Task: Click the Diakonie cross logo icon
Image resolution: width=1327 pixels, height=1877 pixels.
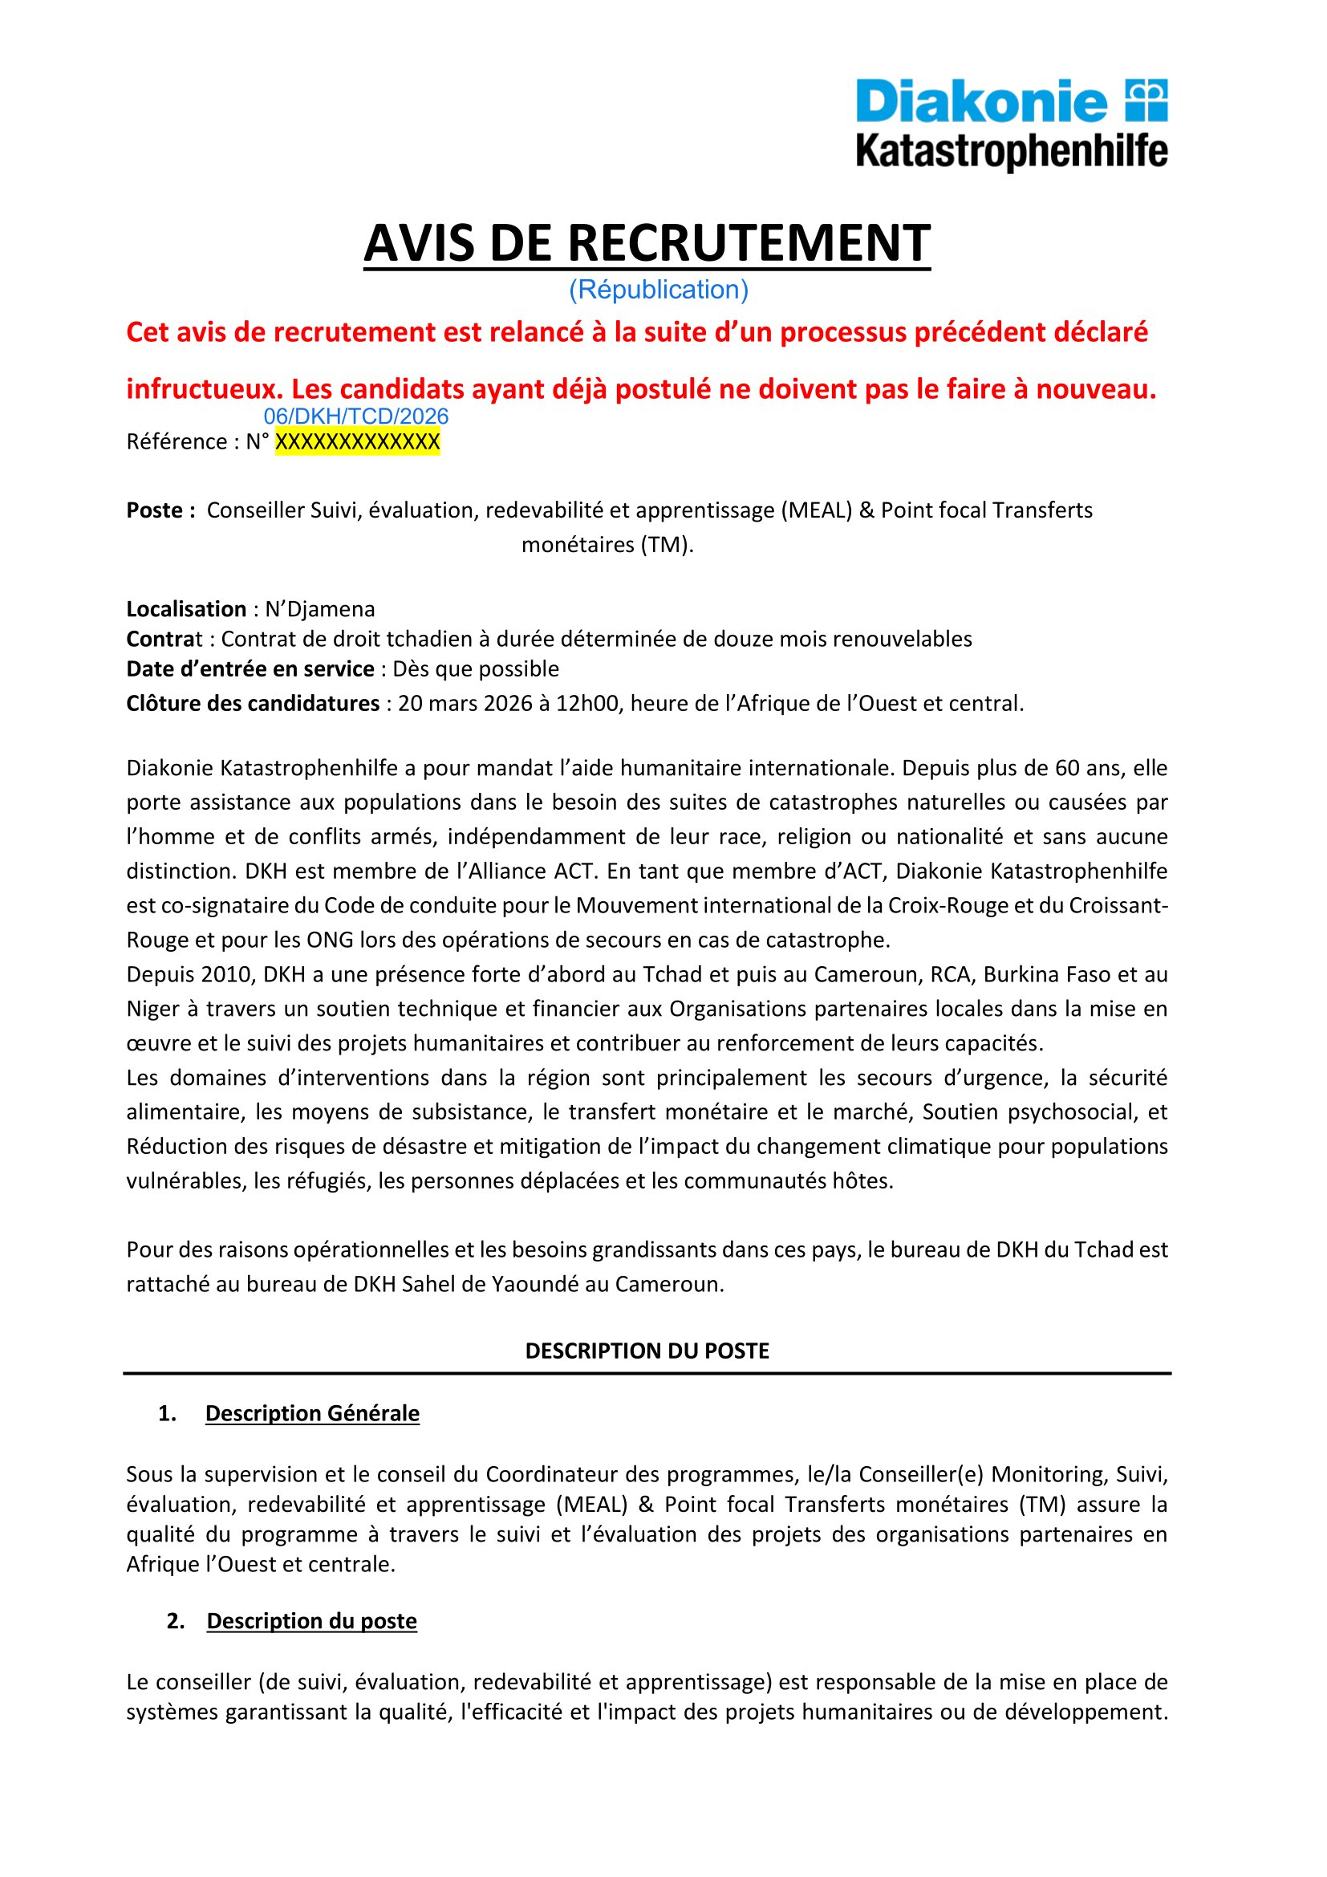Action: click(1146, 100)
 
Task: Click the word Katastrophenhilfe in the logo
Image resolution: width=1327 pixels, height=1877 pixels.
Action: click(1011, 152)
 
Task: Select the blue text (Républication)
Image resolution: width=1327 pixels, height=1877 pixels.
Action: click(659, 290)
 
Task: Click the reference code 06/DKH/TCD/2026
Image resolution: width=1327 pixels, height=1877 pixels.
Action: click(356, 416)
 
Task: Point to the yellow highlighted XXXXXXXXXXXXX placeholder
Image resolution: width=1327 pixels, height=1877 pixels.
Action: click(357, 442)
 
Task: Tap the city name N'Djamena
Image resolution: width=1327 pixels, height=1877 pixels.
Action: click(319, 609)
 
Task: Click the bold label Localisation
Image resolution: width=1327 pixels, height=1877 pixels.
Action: click(186, 609)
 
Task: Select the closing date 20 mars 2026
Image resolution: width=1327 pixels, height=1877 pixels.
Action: click(465, 703)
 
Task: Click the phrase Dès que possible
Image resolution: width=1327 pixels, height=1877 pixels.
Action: click(476, 668)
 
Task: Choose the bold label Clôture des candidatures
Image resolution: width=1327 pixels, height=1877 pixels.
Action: click(253, 703)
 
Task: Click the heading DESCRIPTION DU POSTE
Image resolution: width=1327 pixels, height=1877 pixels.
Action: click(647, 1351)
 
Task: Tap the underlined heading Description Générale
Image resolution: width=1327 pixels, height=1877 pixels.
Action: click(312, 1413)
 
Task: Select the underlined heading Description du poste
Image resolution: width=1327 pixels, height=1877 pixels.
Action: click(311, 1621)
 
